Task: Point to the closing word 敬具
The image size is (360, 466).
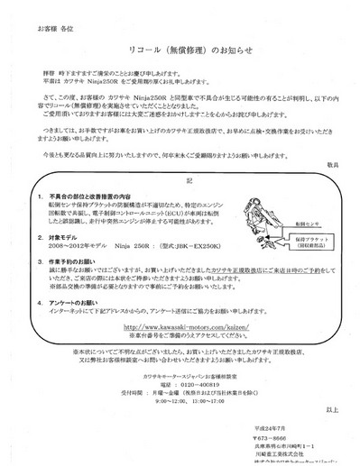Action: click(x=332, y=164)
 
